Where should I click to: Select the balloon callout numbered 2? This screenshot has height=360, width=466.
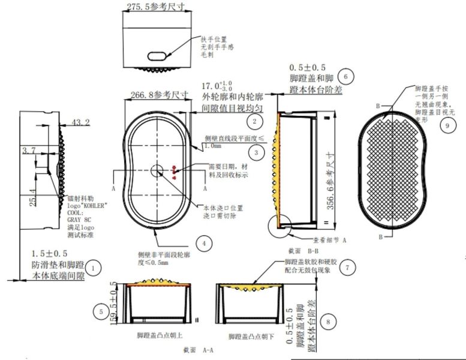pyautogui.click(x=255, y=122)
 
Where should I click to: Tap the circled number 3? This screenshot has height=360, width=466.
pyautogui.click(x=256, y=153)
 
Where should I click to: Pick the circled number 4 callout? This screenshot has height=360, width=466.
pyautogui.click(x=205, y=243)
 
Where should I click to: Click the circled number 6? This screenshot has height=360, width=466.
pyautogui.click(x=345, y=76)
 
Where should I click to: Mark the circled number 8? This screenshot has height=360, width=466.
pyautogui.click(x=326, y=321)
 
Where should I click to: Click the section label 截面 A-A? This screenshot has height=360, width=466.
pyautogui.click(x=196, y=348)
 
